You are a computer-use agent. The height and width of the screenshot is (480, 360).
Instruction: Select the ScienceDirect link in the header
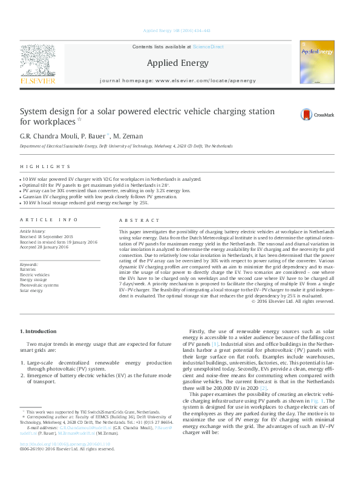(x=208, y=47)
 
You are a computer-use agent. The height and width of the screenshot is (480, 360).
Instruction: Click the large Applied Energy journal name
(x=177, y=63)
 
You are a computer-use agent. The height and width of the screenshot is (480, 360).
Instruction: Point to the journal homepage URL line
(x=177, y=80)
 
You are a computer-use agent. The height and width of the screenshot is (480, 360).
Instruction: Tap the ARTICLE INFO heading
(x=49, y=220)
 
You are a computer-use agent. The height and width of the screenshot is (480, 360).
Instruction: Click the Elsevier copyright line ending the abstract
(x=292, y=302)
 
